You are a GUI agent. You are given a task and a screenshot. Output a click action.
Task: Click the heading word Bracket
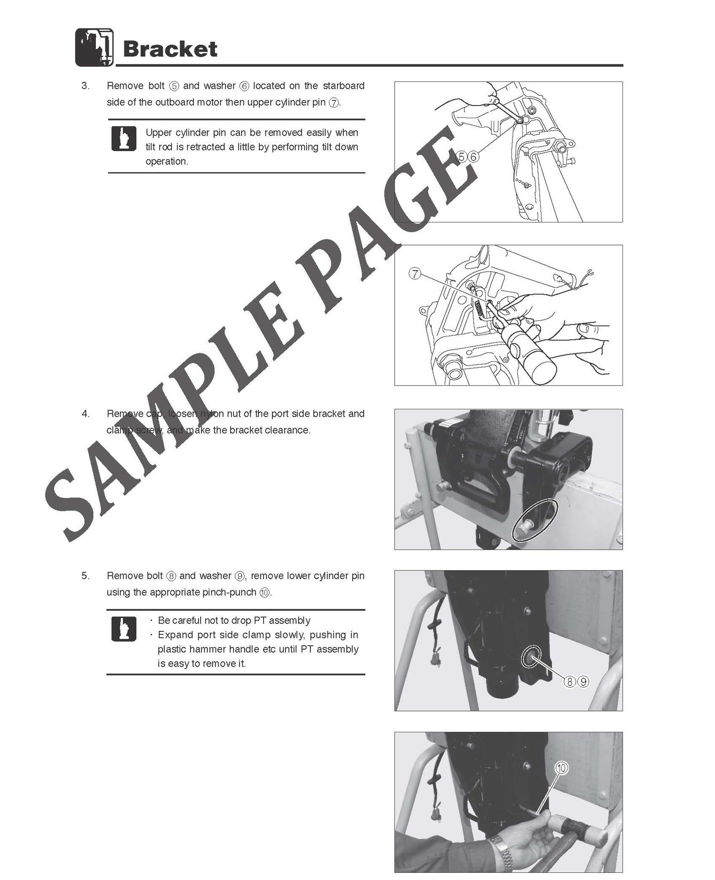[170, 49]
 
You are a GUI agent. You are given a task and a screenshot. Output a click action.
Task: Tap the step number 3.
[85, 86]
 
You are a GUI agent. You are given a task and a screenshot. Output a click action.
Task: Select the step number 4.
[85, 414]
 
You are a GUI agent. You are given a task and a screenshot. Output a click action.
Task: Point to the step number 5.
[85, 576]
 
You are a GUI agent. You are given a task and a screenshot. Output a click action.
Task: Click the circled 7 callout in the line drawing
[415, 274]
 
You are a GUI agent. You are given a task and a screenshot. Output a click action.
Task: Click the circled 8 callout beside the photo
[570, 682]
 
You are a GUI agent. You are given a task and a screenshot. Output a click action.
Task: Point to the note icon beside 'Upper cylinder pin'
[123, 139]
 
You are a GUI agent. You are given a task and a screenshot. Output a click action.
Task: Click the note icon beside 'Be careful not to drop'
[123, 628]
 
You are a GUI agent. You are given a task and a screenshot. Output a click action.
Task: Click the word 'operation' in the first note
[166, 162]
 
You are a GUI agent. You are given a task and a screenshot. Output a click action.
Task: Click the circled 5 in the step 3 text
[174, 86]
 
